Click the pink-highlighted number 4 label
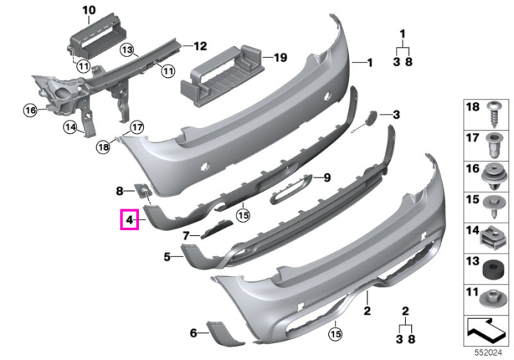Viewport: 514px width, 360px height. pyautogui.click(x=129, y=220)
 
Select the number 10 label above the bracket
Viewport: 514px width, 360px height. pyautogui.click(x=89, y=10)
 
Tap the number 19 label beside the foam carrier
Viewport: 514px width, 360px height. pyautogui.click(x=280, y=58)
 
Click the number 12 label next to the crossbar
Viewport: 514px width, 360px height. pyautogui.click(x=200, y=46)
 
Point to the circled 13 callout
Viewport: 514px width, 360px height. pyautogui.click(x=127, y=50)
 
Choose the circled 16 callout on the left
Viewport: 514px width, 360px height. pyautogui.click(x=30, y=110)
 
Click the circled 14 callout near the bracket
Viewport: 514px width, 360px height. pyautogui.click(x=70, y=127)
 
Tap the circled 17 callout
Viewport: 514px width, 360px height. pyautogui.click(x=137, y=127)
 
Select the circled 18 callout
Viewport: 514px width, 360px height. pyautogui.click(x=104, y=147)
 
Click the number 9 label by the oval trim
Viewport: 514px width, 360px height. pyautogui.click(x=327, y=178)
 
